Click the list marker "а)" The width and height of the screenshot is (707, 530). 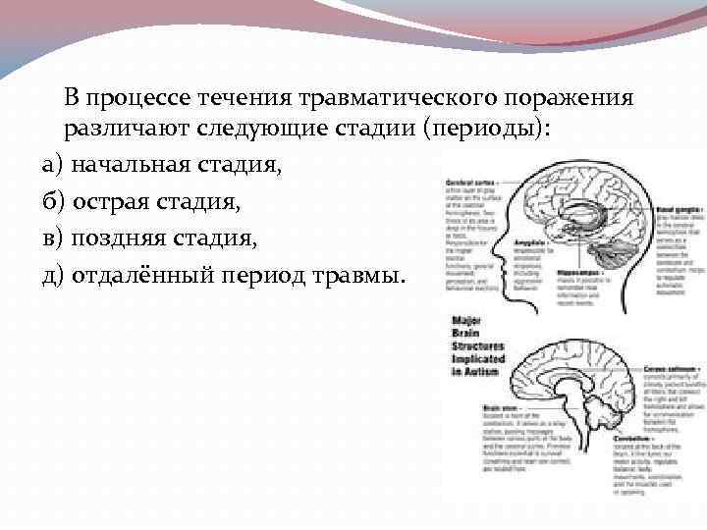point(53,166)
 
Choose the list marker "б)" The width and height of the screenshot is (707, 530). point(53,202)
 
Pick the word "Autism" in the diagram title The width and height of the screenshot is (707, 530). point(475,371)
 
